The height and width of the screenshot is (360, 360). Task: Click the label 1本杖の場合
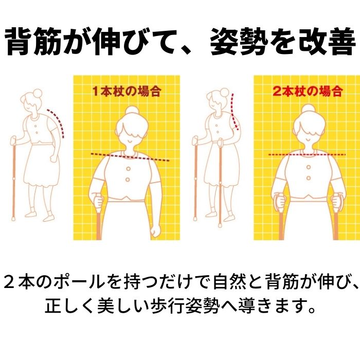click(x=127, y=91)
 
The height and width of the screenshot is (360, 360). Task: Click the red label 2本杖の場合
click(x=308, y=91)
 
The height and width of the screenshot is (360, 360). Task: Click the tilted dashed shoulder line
click(x=130, y=157)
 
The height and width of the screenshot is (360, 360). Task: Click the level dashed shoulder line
click(x=307, y=155)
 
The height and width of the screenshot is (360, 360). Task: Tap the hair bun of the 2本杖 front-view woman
click(x=309, y=110)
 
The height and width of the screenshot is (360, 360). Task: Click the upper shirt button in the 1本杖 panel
click(x=128, y=169)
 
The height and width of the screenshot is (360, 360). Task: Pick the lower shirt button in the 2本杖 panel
click(x=309, y=178)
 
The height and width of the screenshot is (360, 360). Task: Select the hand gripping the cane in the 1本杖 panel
click(x=98, y=201)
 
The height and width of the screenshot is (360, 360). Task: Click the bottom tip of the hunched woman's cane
click(x=13, y=220)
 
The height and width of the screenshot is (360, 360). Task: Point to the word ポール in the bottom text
click(x=79, y=282)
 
